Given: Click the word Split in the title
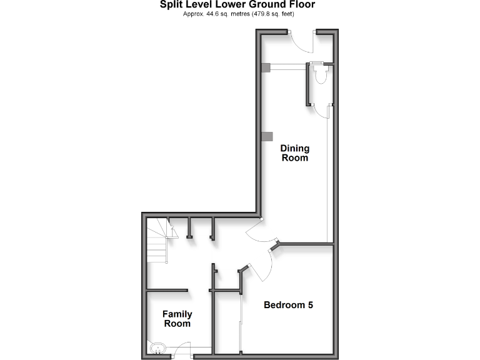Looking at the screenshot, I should pos(154,5).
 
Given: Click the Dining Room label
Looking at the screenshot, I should pos(294,153).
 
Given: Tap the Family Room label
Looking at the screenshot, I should pos(177,319).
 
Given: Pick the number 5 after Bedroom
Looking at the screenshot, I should pos(309,306).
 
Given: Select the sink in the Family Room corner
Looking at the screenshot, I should pos(157,347).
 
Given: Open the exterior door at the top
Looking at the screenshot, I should pos(304,43).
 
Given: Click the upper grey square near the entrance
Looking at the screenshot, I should pos(266,68).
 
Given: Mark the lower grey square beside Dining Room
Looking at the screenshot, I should pos(267,136).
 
